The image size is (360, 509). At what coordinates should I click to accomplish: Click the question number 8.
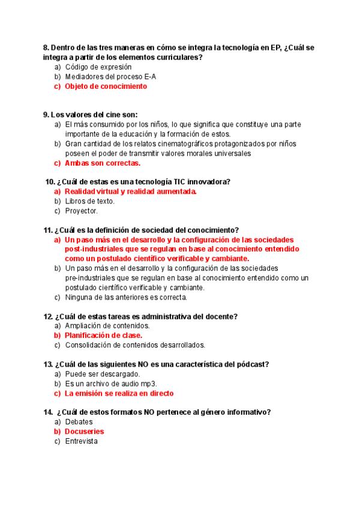tap(46, 48)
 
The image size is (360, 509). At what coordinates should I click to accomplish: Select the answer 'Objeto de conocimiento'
tap(106, 86)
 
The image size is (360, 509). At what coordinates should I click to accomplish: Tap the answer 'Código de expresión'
tap(98, 67)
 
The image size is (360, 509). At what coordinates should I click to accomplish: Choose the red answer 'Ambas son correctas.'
tap(103, 163)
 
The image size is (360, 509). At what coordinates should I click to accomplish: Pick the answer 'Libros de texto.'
tap(90, 201)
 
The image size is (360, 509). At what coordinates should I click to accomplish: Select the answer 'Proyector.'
tap(82, 211)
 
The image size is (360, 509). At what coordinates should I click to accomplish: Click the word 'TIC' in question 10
tap(162, 182)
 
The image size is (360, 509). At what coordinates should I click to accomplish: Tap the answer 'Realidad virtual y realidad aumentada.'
tap(131, 191)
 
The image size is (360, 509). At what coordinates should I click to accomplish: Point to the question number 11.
tap(47, 230)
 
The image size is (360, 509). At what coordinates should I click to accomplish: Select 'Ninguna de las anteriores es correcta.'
tap(126, 297)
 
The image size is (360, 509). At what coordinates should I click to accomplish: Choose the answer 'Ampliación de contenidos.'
tap(107, 326)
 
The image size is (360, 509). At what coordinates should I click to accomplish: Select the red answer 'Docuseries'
tap(85, 432)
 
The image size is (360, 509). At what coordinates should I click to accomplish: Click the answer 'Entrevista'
tap(82, 441)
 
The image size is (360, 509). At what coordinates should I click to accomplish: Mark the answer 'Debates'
tap(79, 422)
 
